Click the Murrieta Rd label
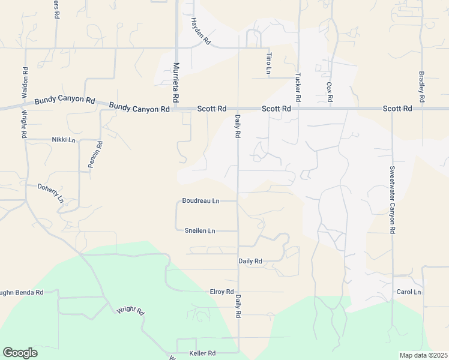coord(176,82)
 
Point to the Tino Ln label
coord(268,63)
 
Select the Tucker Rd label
coord(297,86)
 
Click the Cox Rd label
coord(330,91)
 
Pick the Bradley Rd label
coord(422,86)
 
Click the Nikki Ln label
coord(64,140)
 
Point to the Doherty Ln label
coord(51,194)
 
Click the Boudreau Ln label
coord(200,201)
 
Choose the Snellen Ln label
coord(199,230)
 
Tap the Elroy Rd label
coord(221,292)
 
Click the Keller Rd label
coord(202,353)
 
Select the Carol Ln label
coord(409,292)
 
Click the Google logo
coord(20,353)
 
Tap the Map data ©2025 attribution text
coord(423,355)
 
